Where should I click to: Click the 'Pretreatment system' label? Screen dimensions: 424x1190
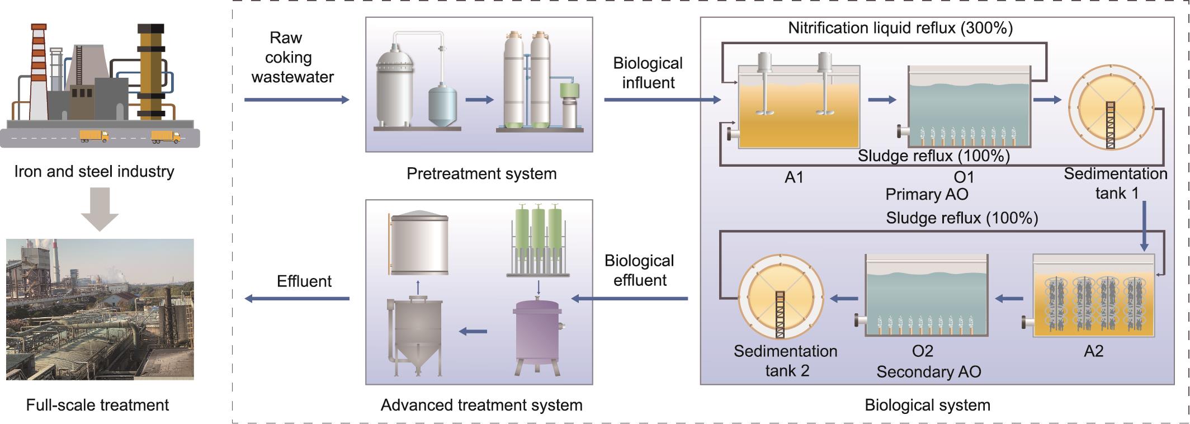(x=481, y=174)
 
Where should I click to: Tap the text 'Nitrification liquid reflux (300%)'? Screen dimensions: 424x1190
(x=900, y=28)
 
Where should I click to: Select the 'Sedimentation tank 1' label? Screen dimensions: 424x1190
(x=1115, y=183)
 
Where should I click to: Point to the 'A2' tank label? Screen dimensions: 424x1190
(x=1093, y=351)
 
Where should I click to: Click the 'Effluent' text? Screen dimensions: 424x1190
(x=304, y=281)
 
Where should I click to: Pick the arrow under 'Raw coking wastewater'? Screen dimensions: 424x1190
(x=296, y=100)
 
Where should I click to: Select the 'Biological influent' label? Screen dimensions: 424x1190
(x=648, y=73)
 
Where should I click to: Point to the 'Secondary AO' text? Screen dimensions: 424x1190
(x=928, y=372)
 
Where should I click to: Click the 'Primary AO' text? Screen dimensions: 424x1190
(x=927, y=195)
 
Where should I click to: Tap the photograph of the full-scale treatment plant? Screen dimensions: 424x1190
(x=100, y=309)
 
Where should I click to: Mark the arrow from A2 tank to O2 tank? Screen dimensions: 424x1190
(x=1009, y=299)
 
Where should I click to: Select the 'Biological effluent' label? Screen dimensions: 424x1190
(x=639, y=270)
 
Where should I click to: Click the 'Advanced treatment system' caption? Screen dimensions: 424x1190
(x=481, y=405)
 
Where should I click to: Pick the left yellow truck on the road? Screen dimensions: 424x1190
(x=93, y=135)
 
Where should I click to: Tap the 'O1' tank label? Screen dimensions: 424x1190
(x=964, y=177)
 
